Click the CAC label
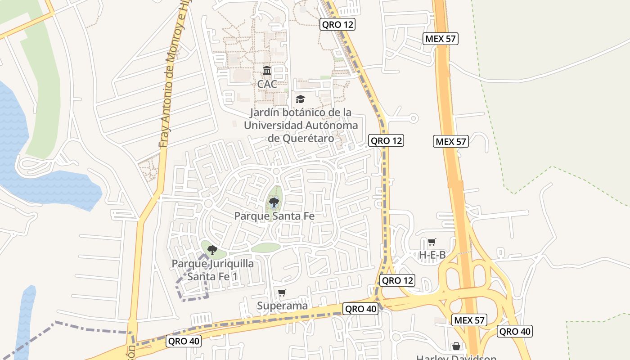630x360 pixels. coord(267,84)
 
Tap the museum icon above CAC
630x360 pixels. coord(267,71)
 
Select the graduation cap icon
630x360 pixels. coord(300,99)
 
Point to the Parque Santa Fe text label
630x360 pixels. coord(274,216)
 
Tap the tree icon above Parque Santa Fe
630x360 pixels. coord(274,203)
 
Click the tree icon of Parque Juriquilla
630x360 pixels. coord(212,250)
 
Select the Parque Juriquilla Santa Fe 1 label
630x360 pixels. coord(212,270)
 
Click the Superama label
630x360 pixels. coord(282,306)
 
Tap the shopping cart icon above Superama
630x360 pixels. coord(282,293)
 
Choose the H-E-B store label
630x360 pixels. coord(432,255)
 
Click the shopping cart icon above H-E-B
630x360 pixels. coord(432,242)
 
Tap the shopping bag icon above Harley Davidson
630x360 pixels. coord(456,346)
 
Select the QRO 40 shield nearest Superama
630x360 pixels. coord(360,309)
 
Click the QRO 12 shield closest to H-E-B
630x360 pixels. coord(397,281)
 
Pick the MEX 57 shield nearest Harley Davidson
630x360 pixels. coord(469,320)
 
